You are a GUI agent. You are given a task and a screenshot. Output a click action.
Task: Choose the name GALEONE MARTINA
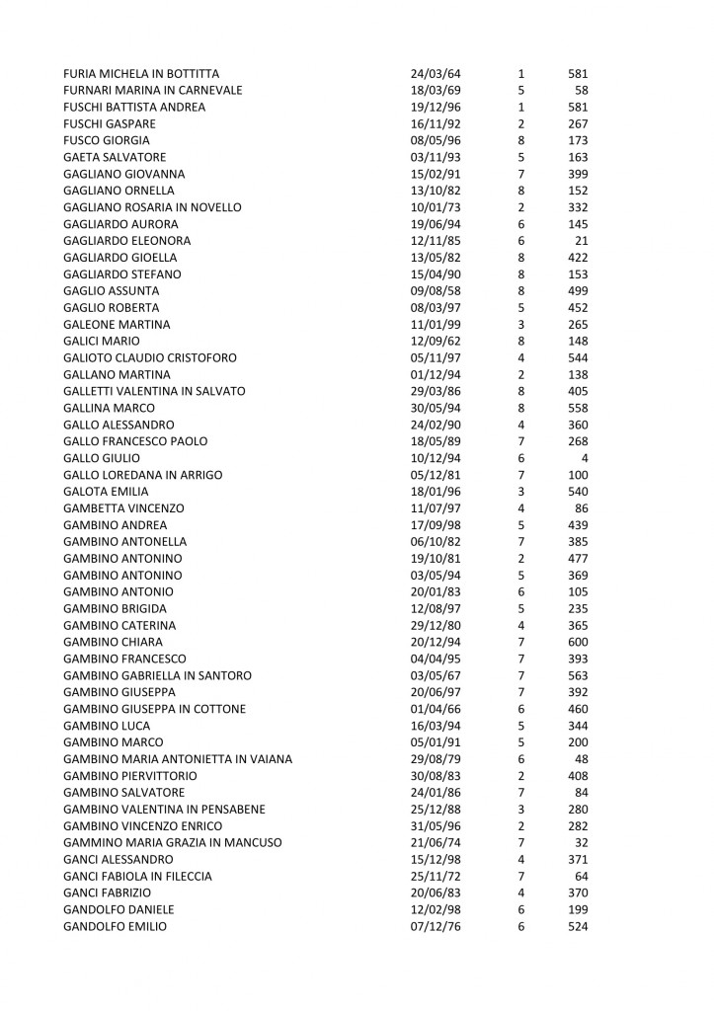click(x=117, y=324)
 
